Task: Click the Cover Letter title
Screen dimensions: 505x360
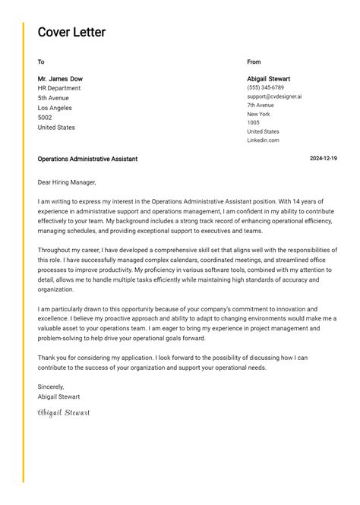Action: pos(71,32)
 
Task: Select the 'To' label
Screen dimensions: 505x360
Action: pos(41,62)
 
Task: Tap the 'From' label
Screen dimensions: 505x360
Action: pos(254,62)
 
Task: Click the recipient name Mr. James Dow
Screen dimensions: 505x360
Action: pos(60,79)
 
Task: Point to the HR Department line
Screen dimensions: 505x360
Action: pos(59,89)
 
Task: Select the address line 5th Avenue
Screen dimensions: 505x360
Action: pos(53,99)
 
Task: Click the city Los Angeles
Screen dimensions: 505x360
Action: pos(55,108)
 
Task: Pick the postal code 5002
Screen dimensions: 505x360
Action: pos(45,118)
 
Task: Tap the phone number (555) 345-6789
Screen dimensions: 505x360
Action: pos(265,88)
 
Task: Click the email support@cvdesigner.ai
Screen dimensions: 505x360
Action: pos(274,96)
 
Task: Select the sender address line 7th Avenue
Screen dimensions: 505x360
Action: pos(261,106)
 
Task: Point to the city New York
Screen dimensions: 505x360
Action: pos(258,114)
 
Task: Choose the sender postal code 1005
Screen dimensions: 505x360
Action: pos(253,122)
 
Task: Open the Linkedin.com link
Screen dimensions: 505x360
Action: pos(263,140)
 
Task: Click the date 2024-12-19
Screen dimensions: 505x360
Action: pos(324,159)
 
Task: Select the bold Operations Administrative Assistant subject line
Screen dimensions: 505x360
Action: pos(87,159)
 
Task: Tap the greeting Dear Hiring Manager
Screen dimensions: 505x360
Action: pos(67,182)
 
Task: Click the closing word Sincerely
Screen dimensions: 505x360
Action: pos(51,387)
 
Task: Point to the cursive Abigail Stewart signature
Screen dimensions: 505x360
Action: pos(64,413)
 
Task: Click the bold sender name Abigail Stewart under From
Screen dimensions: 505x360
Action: pos(268,79)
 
